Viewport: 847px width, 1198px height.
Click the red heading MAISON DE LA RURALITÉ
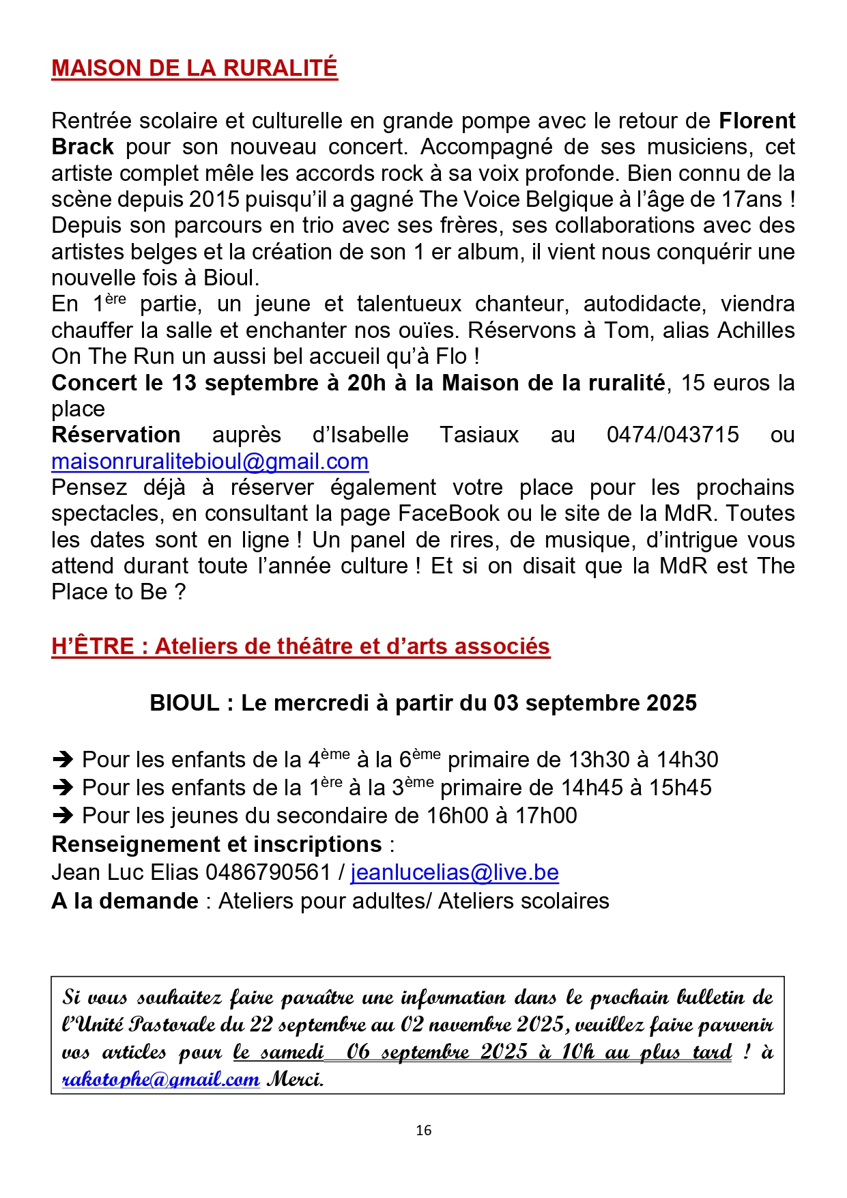(x=195, y=68)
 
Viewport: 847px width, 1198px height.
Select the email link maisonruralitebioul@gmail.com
(x=210, y=461)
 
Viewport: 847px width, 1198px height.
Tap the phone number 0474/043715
(x=672, y=435)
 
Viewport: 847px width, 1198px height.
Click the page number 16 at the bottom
(x=423, y=1130)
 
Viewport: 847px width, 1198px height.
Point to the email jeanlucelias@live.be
(x=455, y=872)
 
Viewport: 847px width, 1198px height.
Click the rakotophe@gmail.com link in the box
(x=160, y=1079)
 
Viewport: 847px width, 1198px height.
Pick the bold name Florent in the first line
(x=756, y=121)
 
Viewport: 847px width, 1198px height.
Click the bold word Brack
(x=83, y=147)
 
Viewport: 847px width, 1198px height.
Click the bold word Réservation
(x=116, y=435)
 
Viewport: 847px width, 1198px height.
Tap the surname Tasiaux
(x=479, y=435)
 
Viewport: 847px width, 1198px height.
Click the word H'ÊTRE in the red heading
(x=93, y=646)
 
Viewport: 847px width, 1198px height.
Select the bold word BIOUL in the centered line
(x=184, y=703)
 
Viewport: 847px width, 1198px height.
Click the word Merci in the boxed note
(x=295, y=1079)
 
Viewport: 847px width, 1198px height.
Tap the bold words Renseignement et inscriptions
(x=216, y=844)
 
